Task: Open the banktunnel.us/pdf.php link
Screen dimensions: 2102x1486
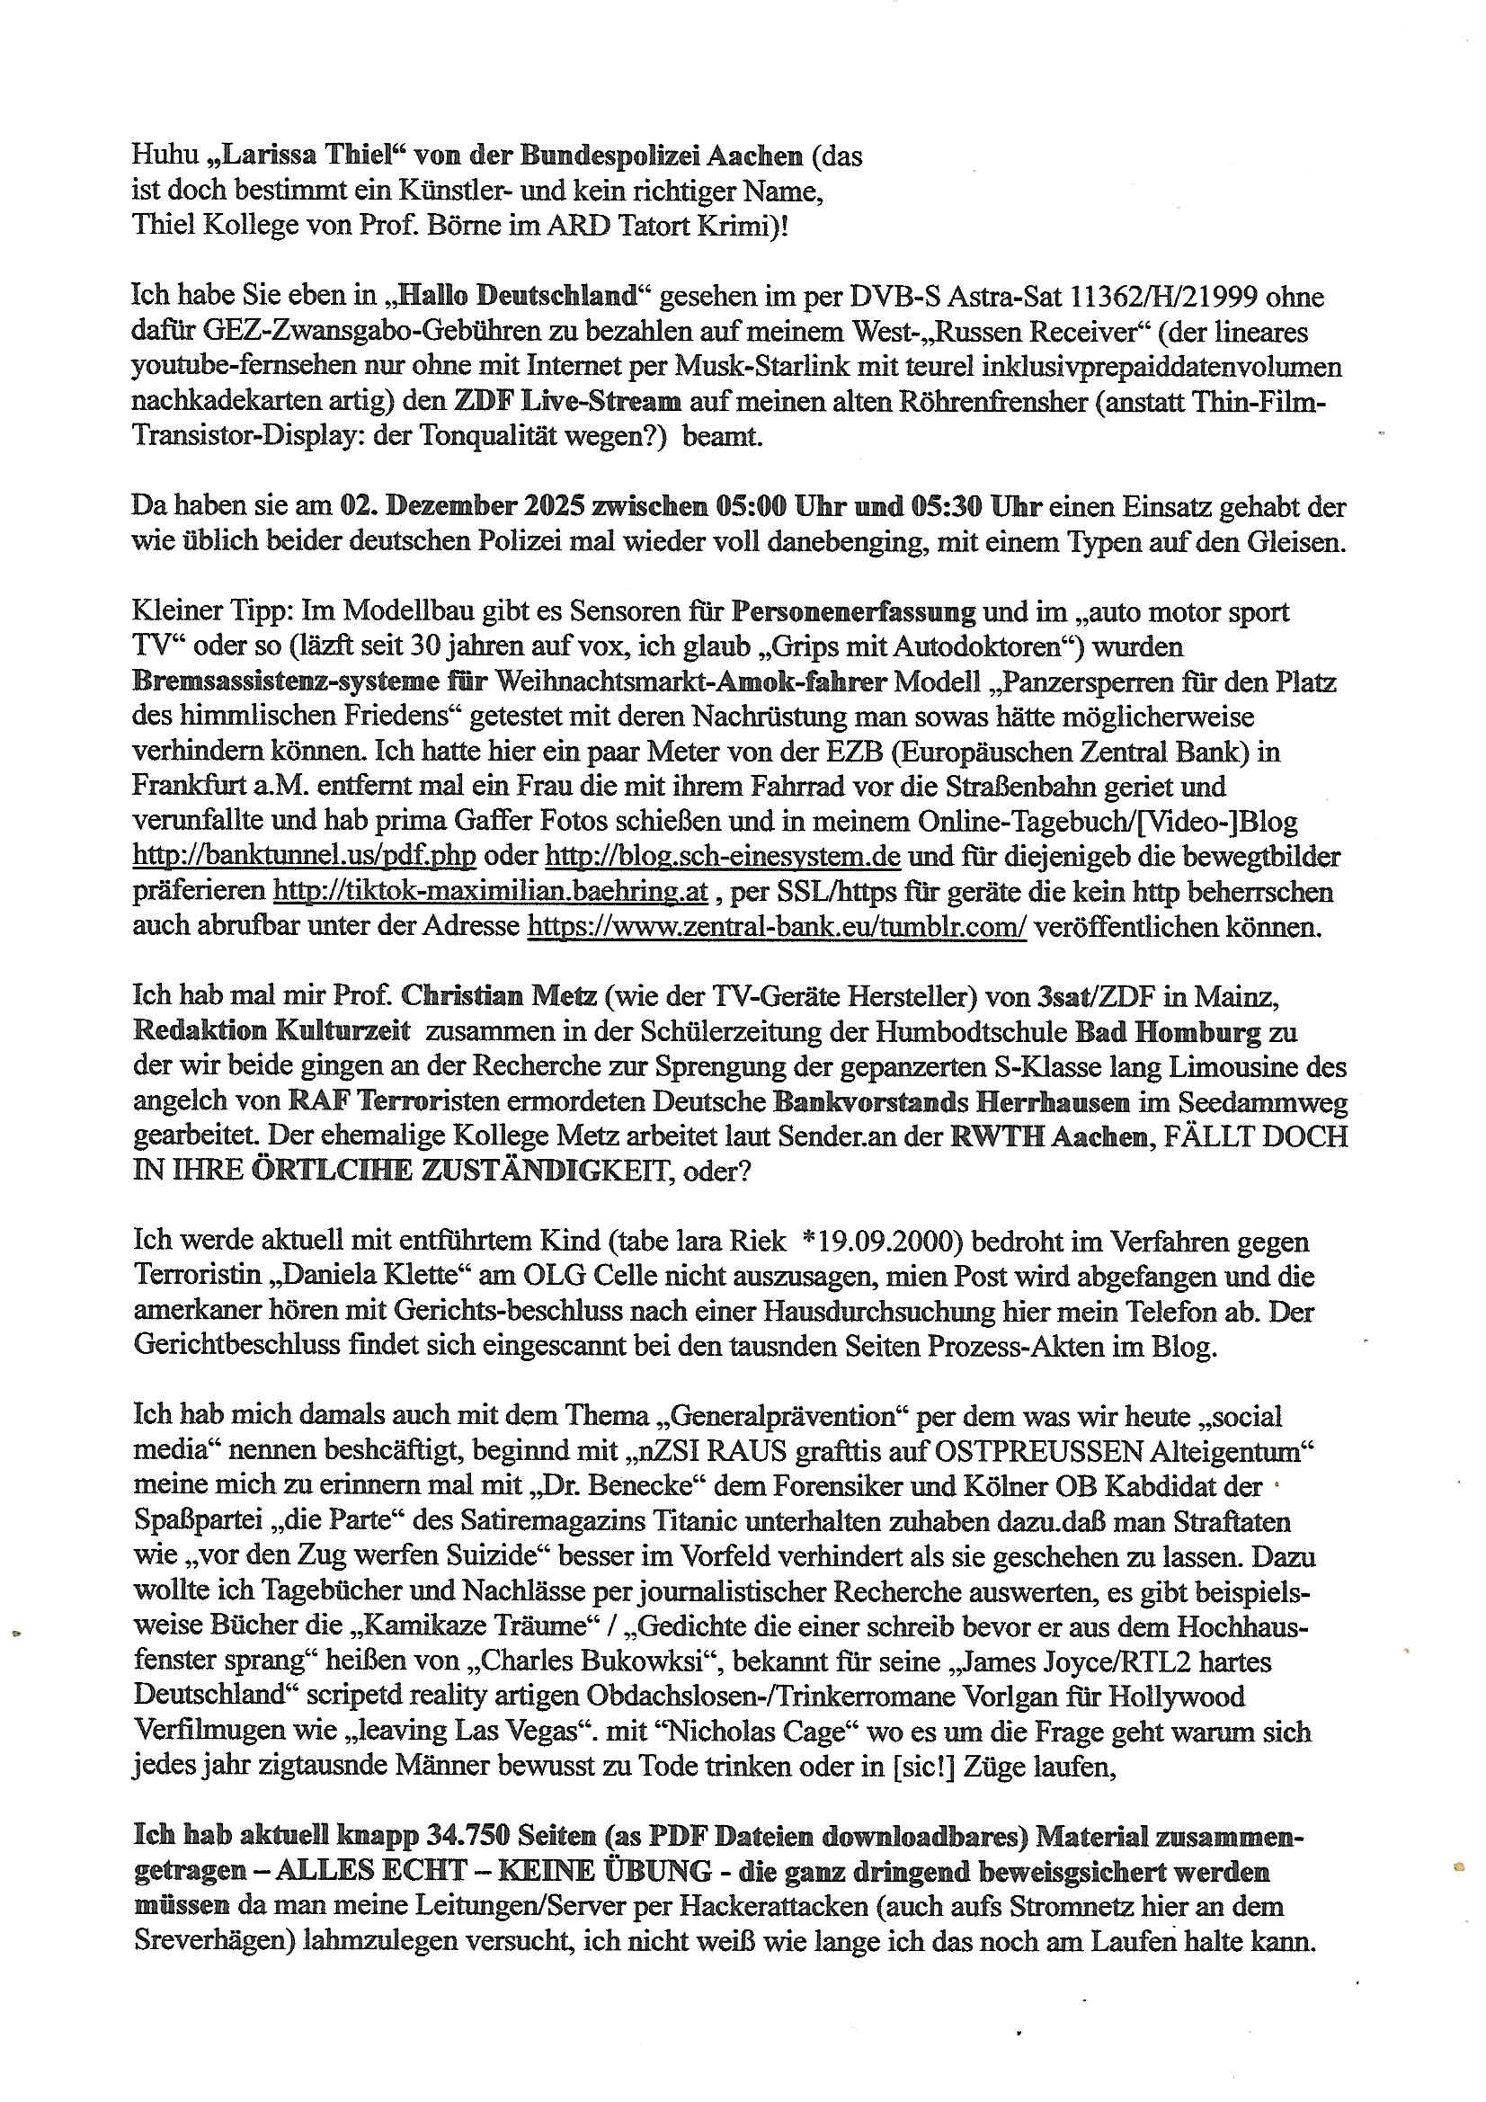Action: [304, 856]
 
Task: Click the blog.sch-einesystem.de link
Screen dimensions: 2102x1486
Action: [723, 856]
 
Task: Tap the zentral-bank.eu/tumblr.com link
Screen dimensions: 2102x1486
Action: [777, 927]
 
